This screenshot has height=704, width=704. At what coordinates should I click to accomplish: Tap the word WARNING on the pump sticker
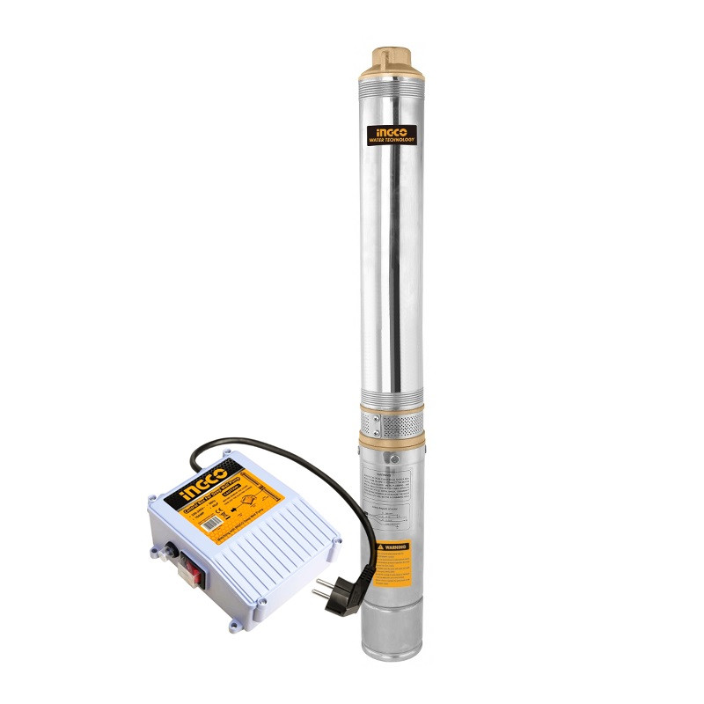pyautogui.click(x=392, y=546)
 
